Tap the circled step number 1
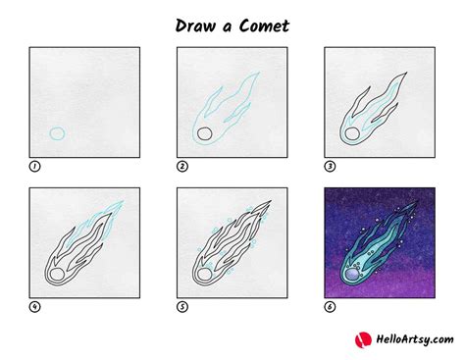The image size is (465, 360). (34, 166)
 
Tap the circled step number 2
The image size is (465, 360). (182, 166)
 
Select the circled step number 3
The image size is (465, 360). (330, 166)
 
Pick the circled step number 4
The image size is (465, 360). (34, 307)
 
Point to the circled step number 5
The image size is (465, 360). (182, 307)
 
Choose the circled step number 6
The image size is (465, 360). (330, 307)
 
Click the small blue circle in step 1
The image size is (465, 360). (57, 133)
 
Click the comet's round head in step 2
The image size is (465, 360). (204, 134)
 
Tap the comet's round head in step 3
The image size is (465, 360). (352, 134)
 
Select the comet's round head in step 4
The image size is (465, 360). (59, 276)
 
